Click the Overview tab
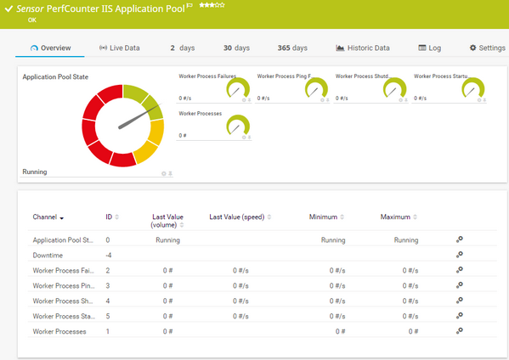(x=50, y=48)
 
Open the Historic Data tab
(x=363, y=48)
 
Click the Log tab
(x=430, y=48)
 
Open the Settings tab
(x=487, y=48)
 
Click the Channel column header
(x=48, y=217)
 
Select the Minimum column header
(x=324, y=217)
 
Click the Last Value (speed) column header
(x=237, y=217)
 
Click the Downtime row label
(x=48, y=255)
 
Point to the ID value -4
(x=109, y=255)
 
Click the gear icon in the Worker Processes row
(x=459, y=330)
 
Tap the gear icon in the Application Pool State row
(x=459, y=239)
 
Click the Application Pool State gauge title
(x=57, y=76)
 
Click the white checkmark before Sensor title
(x=8, y=7)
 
